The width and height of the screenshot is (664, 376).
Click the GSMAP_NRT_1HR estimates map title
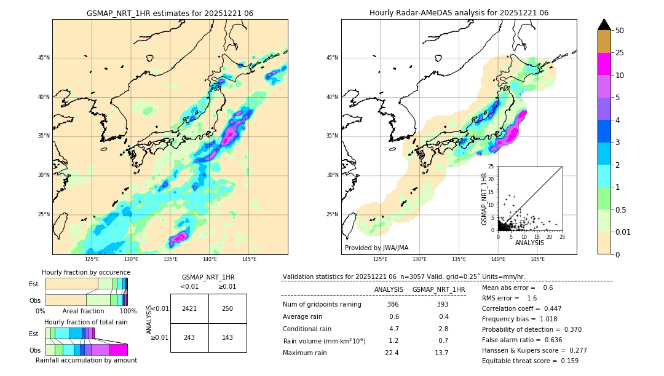[x=170, y=13]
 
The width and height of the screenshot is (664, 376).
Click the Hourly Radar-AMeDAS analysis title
[x=459, y=13]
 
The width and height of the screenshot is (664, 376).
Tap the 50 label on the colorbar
[x=620, y=31]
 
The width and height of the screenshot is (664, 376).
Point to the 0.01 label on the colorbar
[x=622, y=232]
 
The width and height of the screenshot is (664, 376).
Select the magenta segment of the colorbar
[x=604, y=64]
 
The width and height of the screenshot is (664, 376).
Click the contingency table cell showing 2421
[x=189, y=308]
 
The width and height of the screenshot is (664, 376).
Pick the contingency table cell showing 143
[x=227, y=337]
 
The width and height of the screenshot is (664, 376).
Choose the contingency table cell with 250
[x=227, y=308]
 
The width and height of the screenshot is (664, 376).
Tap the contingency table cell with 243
[x=189, y=337]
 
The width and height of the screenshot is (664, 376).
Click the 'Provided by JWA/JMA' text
[x=376, y=248]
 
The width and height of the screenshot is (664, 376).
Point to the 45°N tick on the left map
[x=44, y=58]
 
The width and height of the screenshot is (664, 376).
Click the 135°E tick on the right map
[x=459, y=259]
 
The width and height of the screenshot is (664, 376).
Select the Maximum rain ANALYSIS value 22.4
[x=392, y=353]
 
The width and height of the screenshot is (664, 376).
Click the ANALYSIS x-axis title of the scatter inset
[x=529, y=243]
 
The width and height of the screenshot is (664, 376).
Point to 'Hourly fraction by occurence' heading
[x=86, y=272]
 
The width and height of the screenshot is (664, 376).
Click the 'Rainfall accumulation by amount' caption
[x=86, y=360]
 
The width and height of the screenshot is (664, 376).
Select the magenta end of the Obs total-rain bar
[x=118, y=350]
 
